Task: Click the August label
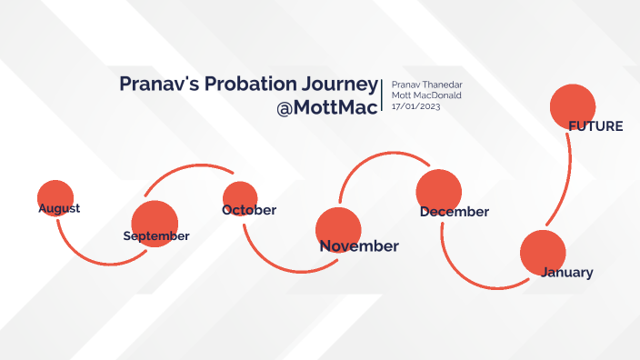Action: [59, 208]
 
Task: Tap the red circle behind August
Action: [55, 194]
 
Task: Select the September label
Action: [156, 236]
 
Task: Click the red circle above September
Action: [154, 221]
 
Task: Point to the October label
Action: [249, 210]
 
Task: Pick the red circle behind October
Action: [241, 197]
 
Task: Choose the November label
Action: [359, 246]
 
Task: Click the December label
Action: [455, 212]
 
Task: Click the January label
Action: [567, 272]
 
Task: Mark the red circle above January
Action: [543, 252]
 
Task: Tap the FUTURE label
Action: [595, 126]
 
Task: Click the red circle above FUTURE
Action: [573, 105]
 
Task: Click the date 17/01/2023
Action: [415, 106]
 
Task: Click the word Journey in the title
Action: [338, 85]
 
